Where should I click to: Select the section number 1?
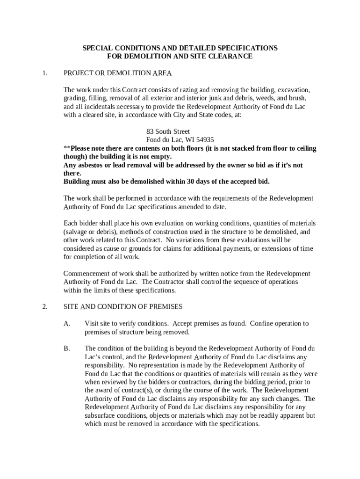44,73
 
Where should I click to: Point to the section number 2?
44,307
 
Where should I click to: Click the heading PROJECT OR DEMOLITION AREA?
118,73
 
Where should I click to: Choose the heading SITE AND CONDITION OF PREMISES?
123,307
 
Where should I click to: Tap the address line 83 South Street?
168,131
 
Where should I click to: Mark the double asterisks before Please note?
66,148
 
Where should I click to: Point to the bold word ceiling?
305,148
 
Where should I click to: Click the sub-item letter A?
67,324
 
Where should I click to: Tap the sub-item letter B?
67,348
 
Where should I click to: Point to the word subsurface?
100,416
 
